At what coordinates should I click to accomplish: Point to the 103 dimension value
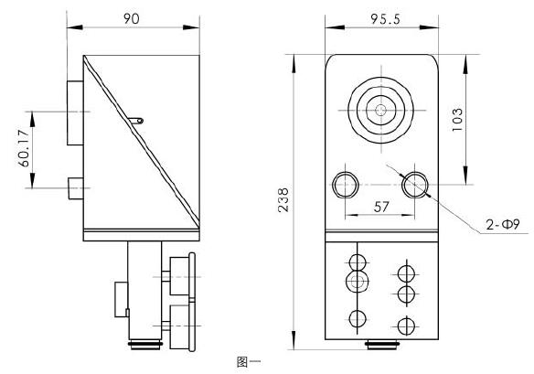point(457,118)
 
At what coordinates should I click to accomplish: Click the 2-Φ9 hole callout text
point(501,224)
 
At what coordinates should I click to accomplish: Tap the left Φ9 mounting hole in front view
point(346,184)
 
